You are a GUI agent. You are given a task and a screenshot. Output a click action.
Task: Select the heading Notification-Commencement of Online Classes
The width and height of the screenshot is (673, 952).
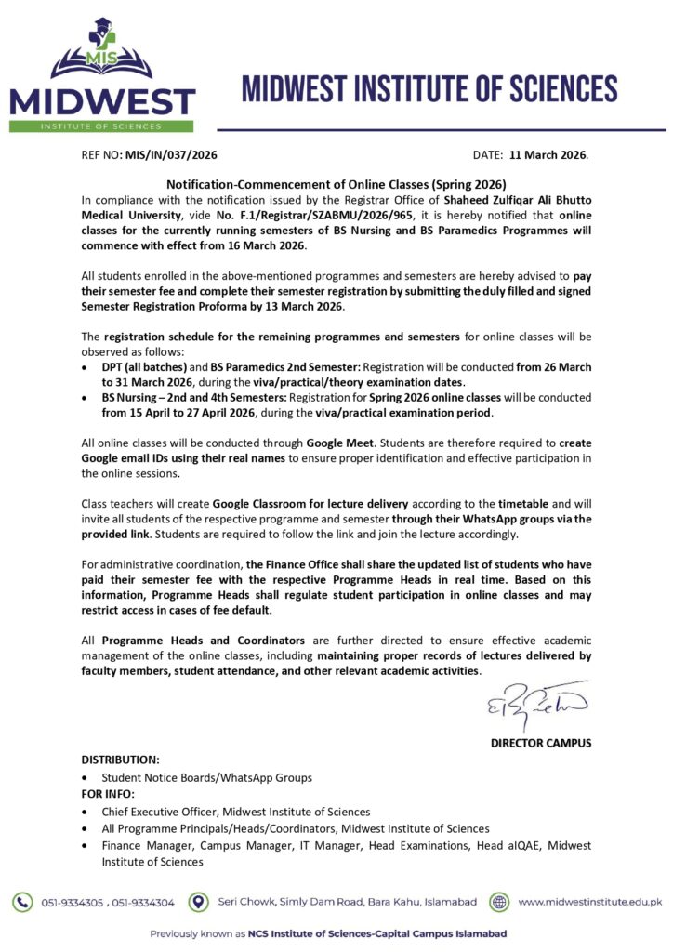tap(336, 184)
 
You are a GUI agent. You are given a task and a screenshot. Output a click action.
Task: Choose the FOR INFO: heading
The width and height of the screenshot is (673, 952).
tap(108, 794)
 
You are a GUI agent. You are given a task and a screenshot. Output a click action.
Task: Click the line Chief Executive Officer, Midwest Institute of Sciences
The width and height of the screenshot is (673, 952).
tap(236, 812)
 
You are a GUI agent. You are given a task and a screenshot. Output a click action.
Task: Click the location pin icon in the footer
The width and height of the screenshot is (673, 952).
tap(198, 902)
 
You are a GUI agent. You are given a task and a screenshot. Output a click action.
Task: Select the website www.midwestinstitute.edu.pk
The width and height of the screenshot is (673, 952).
tap(589, 902)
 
